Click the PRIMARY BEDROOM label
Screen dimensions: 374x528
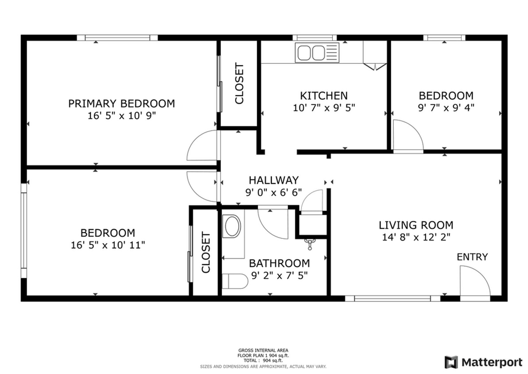tap(121, 104)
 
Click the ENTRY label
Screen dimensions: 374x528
tap(472, 257)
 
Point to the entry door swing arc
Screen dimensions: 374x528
tap(474, 280)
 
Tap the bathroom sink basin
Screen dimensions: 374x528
tap(231, 226)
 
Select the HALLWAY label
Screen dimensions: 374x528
tap(274, 180)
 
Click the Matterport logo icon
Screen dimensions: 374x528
tap(451, 362)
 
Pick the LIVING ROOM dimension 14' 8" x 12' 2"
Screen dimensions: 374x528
tap(416, 237)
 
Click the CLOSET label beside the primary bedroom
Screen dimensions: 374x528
tap(239, 83)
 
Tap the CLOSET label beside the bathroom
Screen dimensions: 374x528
tap(205, 253)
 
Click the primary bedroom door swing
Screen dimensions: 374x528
tap(201, 146)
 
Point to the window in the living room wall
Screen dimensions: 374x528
tap(393, 299)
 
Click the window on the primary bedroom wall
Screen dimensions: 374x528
tap(117, 38)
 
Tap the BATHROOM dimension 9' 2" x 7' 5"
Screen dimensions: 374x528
tap(279, 275)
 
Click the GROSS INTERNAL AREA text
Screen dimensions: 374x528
tap(264, 350)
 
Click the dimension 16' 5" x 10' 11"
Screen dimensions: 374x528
tap(108, 245)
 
